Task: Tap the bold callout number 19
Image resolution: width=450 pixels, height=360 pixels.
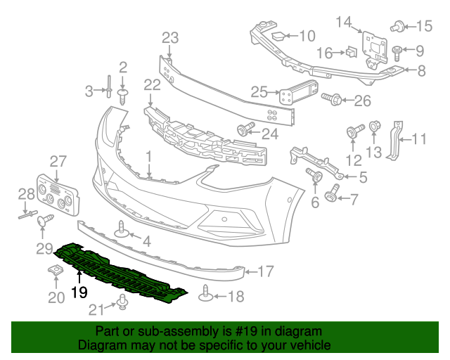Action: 79,292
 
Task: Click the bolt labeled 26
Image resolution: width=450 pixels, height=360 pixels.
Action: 333,101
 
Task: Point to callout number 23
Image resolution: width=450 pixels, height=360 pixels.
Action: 171,37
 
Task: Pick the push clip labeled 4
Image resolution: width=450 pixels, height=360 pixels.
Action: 122,233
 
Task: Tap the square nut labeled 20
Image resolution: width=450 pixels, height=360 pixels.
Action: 56,273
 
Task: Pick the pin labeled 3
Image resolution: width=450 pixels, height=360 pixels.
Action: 110,90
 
